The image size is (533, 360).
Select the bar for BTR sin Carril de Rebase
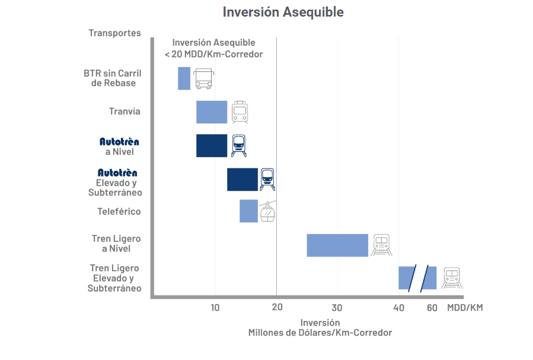pos(184,78)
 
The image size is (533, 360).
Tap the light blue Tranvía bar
pos(212,112)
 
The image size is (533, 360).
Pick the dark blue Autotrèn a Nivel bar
pos(212,146)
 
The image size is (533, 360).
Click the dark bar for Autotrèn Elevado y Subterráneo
pos(242,180)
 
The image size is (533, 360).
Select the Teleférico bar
pos(248,211)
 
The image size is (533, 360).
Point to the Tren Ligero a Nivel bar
pos(337,245)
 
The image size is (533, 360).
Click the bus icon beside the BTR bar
pos(203,78)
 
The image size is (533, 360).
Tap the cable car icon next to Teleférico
pos(268,212)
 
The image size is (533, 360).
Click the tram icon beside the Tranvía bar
pos(240,112)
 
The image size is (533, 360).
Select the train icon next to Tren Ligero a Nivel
pos(381,245)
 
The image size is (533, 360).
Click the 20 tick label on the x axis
pos(277,307)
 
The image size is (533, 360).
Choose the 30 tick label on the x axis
pos(337,307)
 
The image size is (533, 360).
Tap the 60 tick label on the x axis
pos(432,307)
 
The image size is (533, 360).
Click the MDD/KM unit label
pos(465,307)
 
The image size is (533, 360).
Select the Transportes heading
pos(115,33)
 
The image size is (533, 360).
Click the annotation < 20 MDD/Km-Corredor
pos(213,54)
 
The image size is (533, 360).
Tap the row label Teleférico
pos(119,212)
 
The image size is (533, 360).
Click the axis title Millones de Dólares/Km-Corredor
pos(320,333)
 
